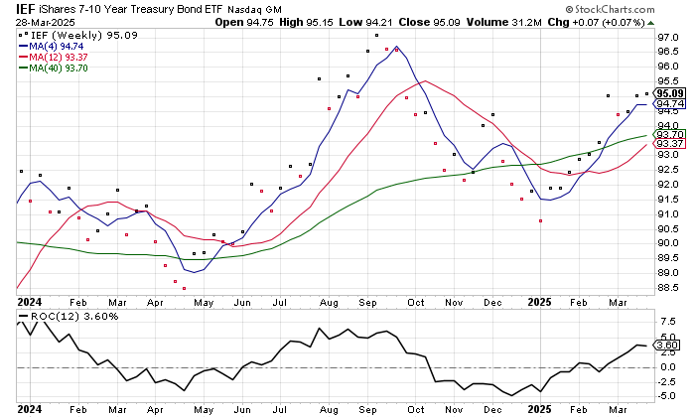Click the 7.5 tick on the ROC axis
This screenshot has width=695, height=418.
668,320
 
